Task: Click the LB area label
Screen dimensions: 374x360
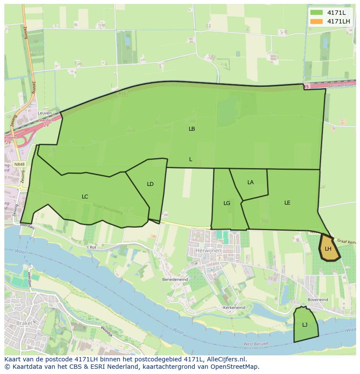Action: (x=192, y=129)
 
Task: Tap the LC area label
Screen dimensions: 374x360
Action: (x=85, y=197)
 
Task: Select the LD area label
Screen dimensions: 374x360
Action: (x=150, y=184)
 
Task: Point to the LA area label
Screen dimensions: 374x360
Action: (x=250, y=182)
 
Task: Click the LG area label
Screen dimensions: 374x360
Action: (x=227, y=203)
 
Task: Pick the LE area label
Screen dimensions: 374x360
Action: (x=287, y=203)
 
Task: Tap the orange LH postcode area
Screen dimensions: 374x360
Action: (x=328, y=249)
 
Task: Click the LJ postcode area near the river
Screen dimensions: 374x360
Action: (x=305, y=325)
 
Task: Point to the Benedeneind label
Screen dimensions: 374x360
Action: (x=174, y=279)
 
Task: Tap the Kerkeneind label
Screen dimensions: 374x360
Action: (x=234, y=308)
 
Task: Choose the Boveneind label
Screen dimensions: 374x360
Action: (x=317, y=299)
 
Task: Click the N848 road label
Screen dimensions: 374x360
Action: (x=20, y=164)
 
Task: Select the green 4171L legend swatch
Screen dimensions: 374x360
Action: (x=317, y=13)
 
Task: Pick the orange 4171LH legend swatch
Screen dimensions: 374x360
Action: (x=317, y=21)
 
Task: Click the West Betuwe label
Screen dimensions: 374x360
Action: (x=256, y=344)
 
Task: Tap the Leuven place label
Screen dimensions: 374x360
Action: (x=45, y=113)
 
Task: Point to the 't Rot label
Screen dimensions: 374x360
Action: (x=90, y=247)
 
